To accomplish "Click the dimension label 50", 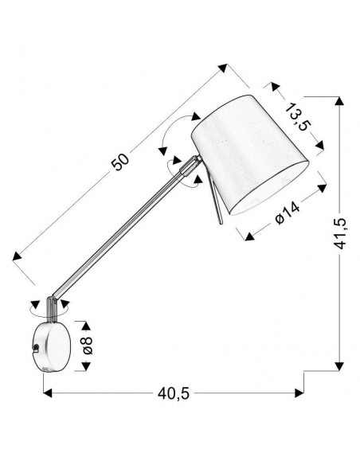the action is tap(120, 162).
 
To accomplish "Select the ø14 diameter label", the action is tap(288, 213).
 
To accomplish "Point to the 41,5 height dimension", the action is tap(339, 233).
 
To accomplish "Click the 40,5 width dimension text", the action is tap(174, 393).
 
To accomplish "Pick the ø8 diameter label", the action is tap(88, 346).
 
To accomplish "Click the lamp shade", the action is tap(250, 154).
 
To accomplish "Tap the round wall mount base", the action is tap(53, 346).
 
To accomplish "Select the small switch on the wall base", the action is tap(36, 348).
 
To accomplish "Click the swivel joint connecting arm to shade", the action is tap(190, 166).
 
